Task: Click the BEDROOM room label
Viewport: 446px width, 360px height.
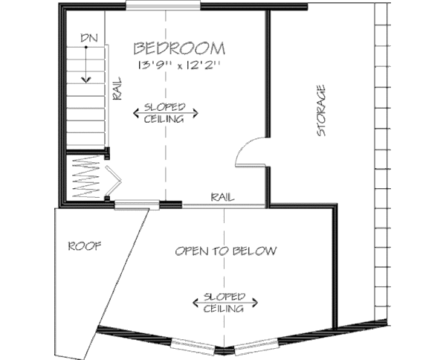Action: coord(179,49)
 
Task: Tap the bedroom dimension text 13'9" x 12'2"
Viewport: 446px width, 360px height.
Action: coord(178,65)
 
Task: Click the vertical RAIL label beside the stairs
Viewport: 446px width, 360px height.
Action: coord(117,89)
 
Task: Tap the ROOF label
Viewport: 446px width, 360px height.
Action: coord(84,245)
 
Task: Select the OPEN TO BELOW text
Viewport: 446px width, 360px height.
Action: coord(226,251)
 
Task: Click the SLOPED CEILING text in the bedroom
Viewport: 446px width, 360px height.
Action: coord(165,112)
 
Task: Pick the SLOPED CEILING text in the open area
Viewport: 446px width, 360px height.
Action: coord(225,303)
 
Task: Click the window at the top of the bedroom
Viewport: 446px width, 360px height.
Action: coord(163,7)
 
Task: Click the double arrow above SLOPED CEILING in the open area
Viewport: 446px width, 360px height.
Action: coord(225,301)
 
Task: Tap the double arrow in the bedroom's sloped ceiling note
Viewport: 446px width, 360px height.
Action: coord(165,113)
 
